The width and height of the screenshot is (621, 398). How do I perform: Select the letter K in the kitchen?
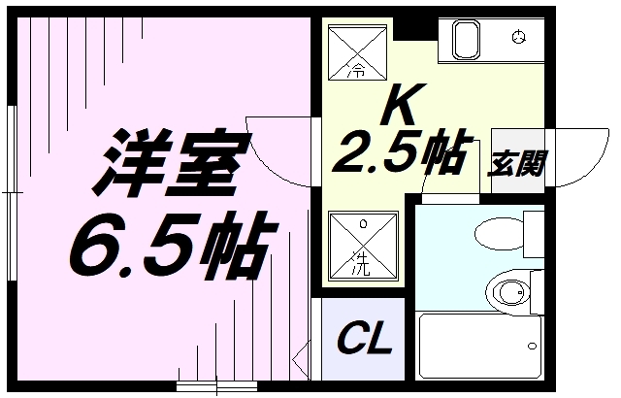coord(406,105)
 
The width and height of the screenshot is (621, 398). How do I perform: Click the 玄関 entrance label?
coord(517,163)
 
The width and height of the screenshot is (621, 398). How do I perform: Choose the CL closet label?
coord(364,341)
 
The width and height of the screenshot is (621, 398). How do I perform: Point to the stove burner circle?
coord(519,38)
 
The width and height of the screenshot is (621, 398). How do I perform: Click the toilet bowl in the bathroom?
coord(509,290)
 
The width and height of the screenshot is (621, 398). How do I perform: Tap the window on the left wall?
coord(10,184)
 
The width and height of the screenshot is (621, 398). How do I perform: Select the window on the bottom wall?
coord(210,387)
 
